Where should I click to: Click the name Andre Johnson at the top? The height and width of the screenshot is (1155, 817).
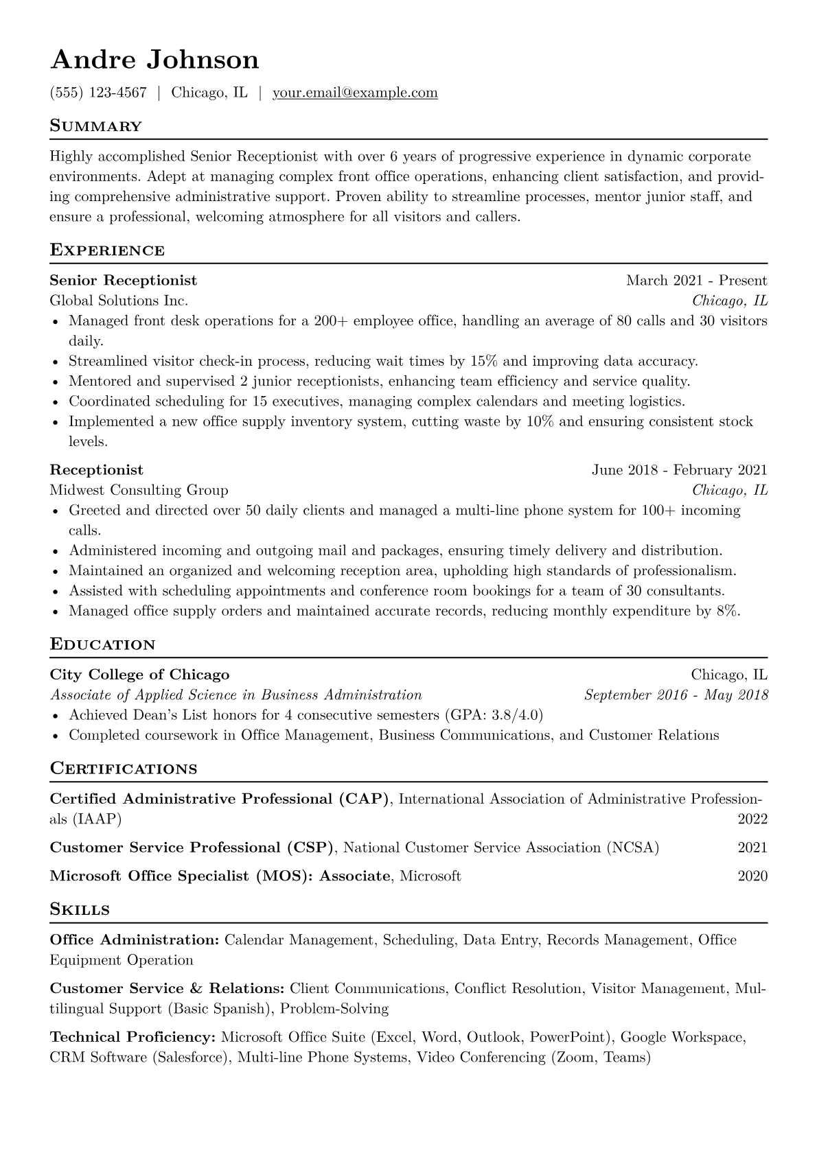click(154, 60)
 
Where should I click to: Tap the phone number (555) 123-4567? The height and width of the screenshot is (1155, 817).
click(98, 93)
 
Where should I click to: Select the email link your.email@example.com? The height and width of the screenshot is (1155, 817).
click(355, 93)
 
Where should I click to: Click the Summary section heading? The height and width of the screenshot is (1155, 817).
click(95, 126)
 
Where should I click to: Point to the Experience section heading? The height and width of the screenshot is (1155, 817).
click(107, 250)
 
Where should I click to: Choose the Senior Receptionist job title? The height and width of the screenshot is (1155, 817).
click(123, 281)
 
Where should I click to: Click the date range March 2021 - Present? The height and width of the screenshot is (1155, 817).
click(696, 281)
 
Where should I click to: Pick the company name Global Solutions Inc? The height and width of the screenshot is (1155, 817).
click(119, 301)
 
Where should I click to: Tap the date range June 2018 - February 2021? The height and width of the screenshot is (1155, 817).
click(679, 470)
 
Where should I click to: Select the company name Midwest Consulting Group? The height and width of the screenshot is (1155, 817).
click(139, 490)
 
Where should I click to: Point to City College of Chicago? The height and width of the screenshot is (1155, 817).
click(139, 675)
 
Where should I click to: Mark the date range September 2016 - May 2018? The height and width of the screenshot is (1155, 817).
click(676, 695)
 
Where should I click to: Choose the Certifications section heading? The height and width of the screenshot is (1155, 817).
click(124, 769)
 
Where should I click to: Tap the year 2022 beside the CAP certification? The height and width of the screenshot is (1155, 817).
click(752, 819)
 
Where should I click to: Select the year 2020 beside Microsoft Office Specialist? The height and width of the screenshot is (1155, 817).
click(752, 876)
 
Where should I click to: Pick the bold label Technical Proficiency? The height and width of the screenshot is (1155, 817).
click(133, 1037)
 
